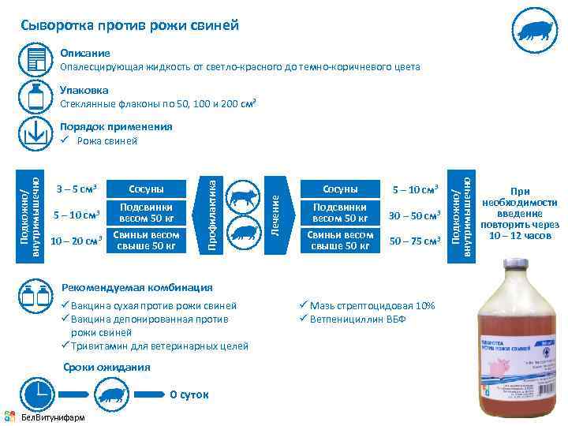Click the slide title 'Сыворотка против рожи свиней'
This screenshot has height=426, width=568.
[x=130, y=25]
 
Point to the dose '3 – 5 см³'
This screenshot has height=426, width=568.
[x=77, y=189]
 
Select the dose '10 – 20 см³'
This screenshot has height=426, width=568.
[x=77, y=241]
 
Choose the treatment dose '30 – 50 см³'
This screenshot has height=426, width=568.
[x=414, y=215]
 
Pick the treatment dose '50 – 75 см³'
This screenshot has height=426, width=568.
[x=414, y=241]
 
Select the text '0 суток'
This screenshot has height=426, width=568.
[x=189, y=394]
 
